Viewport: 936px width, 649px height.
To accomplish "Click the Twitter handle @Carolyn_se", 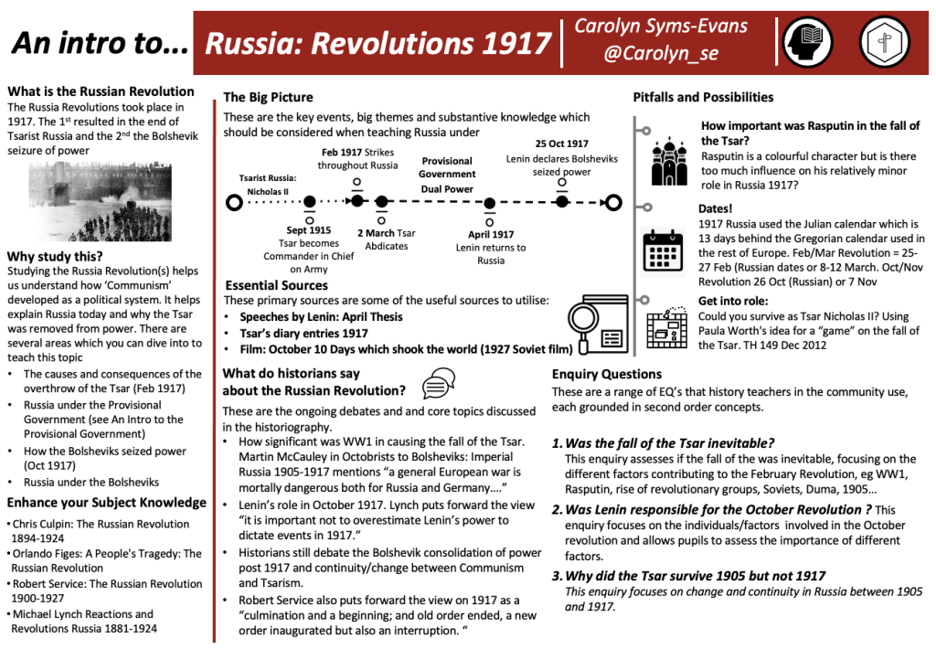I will point(660,54).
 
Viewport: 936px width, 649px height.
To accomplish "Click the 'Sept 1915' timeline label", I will point(309,231).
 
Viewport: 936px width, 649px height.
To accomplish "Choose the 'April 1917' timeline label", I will point(491,234).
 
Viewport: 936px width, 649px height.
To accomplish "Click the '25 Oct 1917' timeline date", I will point(561,144).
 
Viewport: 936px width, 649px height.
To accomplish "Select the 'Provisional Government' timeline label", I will point(447,167).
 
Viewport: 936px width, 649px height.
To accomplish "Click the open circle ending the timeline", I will point(613,202).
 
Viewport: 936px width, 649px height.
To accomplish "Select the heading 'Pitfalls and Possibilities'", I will point(703,97).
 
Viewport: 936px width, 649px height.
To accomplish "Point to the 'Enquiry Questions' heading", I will point(607,374).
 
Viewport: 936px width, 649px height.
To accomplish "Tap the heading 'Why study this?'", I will point(55,256).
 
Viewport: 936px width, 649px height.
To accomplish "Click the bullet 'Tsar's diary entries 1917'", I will point(303,333).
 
